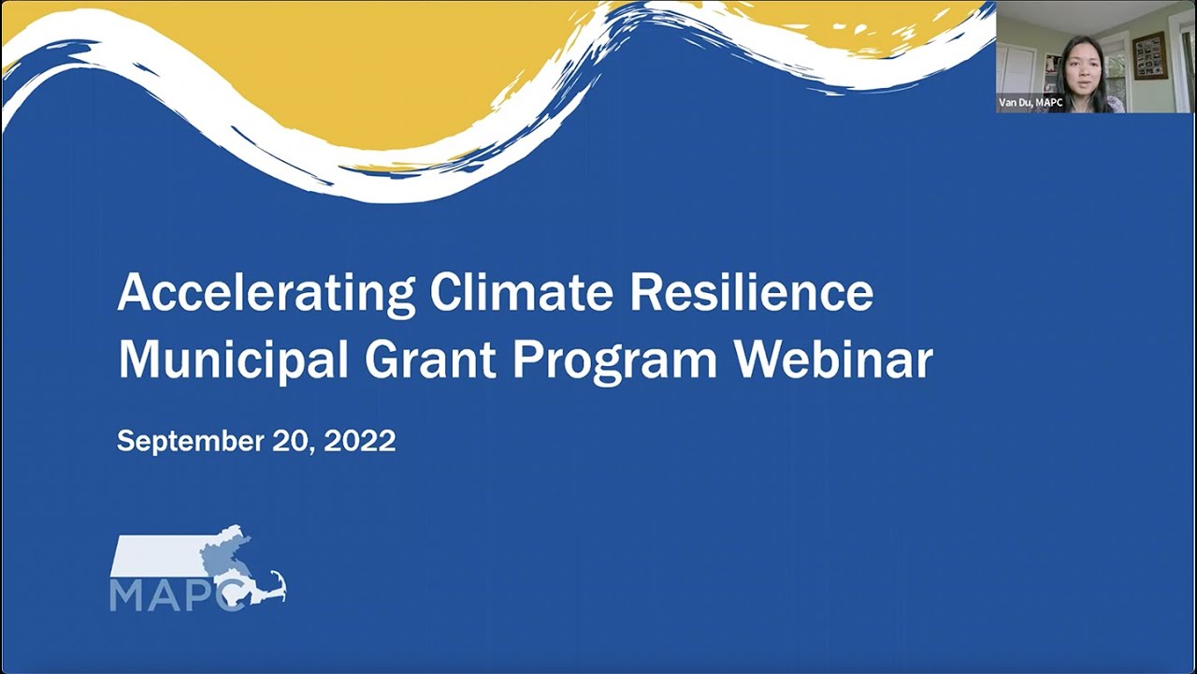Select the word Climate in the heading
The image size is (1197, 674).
click(521, 293)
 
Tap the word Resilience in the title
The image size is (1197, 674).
click(752, 293)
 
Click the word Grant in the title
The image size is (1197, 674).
click(429, 359)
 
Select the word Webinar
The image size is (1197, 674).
click(833, 359)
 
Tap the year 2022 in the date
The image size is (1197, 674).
click(360, 441)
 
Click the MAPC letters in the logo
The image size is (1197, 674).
click(178, 595)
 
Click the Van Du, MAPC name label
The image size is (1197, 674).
click(1031, 103)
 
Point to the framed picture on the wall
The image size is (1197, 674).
click(1149, 55)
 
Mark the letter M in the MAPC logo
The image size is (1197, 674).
click(126, 595)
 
